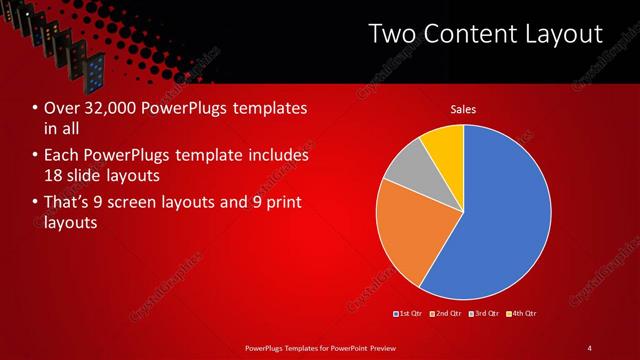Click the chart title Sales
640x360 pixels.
click(x=463, y=109)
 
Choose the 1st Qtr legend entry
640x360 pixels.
click(x=408, y=313)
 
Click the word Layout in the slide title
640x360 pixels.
click(x=562, y=34)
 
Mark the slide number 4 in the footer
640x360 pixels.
click(x=589, y=347)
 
